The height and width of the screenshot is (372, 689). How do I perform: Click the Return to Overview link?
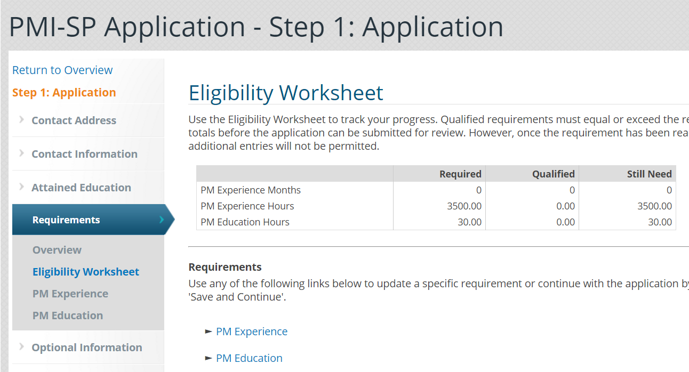(62, 70)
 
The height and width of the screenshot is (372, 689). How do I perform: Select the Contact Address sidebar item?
(74, 120)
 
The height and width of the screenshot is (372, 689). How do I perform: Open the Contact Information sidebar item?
(84, 154)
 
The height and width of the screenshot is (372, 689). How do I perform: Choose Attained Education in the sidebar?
(81, 188)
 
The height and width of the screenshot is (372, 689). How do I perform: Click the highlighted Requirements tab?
(66, 220)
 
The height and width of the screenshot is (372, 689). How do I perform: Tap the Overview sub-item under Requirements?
(57, 250)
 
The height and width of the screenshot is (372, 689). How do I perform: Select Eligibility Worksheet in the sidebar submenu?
(86, 272)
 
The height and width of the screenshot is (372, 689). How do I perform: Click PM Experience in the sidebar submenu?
(70, 294)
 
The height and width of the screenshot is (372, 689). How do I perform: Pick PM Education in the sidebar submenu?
(68, 316)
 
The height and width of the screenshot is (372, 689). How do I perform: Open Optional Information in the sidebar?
(87, 347)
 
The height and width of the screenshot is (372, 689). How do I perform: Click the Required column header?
(460, 174)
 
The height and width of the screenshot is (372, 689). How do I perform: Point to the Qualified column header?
(554, 174)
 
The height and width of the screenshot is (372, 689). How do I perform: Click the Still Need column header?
(649, 174)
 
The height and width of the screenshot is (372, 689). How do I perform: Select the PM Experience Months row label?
(251, 190)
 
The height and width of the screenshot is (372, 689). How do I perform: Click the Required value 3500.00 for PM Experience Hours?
(464, 206)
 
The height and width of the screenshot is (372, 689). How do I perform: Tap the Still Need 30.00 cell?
(660, 222)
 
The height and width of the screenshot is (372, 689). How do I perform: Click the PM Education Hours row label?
(245, 222)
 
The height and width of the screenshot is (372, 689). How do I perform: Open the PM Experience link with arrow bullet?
(252, 331)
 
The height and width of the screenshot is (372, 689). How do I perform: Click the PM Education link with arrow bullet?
(249, 358)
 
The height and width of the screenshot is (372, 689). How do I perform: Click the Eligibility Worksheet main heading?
(286, 93)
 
